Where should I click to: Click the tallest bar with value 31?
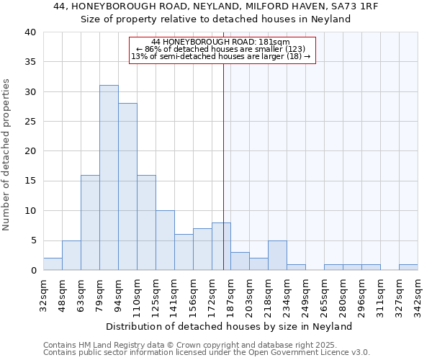coord(109,178)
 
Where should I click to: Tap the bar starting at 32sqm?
coord(53,264)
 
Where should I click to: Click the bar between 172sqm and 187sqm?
coord(221,246)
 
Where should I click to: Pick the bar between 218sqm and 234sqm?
coord(277,256)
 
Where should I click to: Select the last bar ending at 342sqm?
coord(408,267)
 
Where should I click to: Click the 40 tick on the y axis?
coord(30,32)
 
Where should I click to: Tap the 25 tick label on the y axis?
coord(30,122)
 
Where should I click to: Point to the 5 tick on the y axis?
coord(33,240)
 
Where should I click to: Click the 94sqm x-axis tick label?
coord(118,294)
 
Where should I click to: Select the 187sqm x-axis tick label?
coord(230,294)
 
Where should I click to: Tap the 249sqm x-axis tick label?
coord(305,294)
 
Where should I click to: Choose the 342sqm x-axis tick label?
coord(418,294)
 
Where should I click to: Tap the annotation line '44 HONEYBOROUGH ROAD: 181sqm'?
coord(222,42)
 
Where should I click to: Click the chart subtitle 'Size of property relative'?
coord(215,19)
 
